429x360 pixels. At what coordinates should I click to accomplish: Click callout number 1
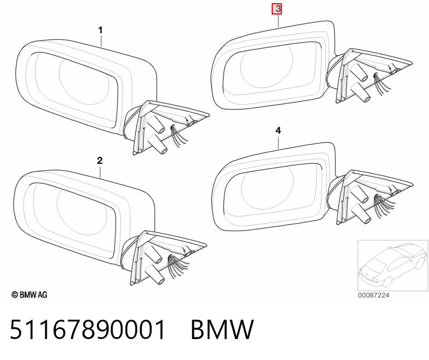[100, 30]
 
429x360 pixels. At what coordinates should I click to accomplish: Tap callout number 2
[99, 161]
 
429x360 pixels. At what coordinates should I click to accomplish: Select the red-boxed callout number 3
[277, 9]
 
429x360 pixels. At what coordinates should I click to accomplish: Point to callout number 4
[278, 131]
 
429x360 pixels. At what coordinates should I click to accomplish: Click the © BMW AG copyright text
[30, 294]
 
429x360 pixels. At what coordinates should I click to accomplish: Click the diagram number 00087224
[374, 295]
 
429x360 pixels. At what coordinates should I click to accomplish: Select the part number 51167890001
[88, 329]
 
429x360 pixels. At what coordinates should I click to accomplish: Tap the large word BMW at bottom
[222, 329]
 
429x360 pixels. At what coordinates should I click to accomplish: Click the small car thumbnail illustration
[392, 265]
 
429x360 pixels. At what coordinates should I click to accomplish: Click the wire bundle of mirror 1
[178, 135]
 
